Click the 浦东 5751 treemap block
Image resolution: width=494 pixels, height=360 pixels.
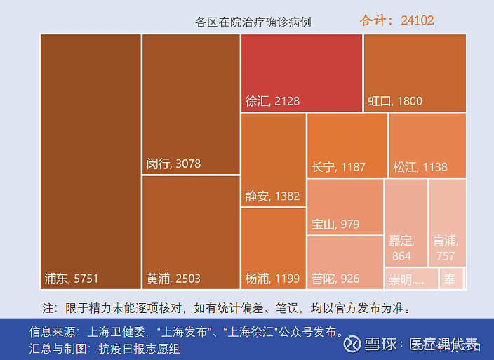coord(91,161)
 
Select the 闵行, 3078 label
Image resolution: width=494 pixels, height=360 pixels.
coord(173,164)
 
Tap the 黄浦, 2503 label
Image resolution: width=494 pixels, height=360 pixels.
coord(173,279)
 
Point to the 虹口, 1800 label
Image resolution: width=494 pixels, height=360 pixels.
coord(395,101)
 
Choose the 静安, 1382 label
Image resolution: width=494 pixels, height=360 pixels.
coord(272,196)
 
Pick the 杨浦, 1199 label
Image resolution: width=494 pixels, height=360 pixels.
coord(272,279)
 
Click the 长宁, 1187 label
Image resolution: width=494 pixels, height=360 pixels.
coord(338,167)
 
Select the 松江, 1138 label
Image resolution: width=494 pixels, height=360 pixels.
coord(420,167)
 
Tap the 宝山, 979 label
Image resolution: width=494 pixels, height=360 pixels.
coord(335,225)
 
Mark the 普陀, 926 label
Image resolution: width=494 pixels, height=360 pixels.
coord(335,279)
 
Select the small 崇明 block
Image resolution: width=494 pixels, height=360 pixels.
coord(410,279)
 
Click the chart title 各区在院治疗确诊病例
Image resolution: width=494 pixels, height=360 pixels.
coord(253,22)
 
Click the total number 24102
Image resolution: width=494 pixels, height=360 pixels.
coord(418,20)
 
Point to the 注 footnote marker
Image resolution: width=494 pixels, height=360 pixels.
coord(48,308)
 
